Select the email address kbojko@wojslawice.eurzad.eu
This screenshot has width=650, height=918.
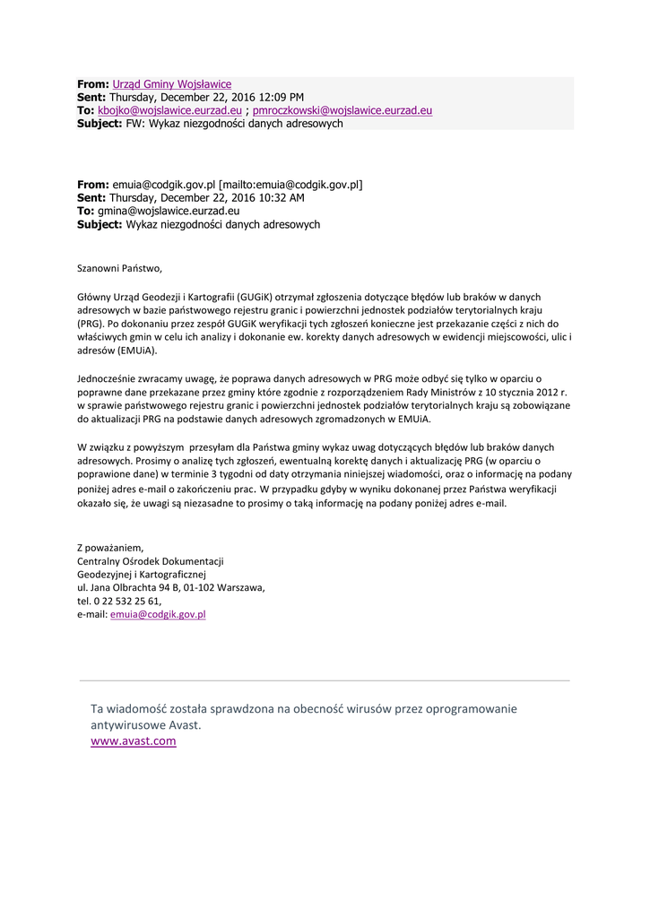point(169,110)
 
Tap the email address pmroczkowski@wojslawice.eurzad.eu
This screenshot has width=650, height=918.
point(342,110)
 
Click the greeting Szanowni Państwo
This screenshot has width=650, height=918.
point(120,267)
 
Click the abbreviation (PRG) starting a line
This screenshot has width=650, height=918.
point(91,324)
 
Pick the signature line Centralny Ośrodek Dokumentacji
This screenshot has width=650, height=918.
point(151,561)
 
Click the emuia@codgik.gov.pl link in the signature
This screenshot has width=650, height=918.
point(158,615)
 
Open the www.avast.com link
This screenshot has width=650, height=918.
point(134,741)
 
